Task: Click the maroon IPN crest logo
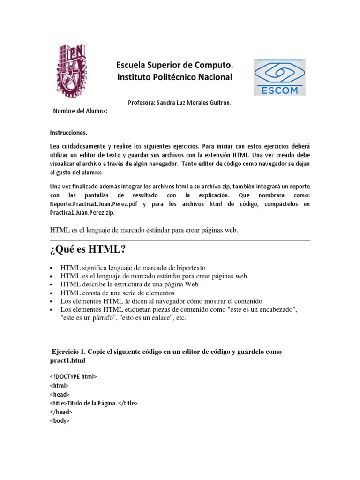point(72,71)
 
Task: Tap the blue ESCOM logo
point(279,77)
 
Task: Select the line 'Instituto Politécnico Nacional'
point(174,77)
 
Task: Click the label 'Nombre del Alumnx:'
point(80,111)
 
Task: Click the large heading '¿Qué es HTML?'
point(88,249)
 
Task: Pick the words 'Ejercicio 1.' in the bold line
point(69,352)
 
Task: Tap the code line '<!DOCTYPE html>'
point(73,376)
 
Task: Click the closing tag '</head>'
point(61,412)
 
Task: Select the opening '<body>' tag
point(60,421)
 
